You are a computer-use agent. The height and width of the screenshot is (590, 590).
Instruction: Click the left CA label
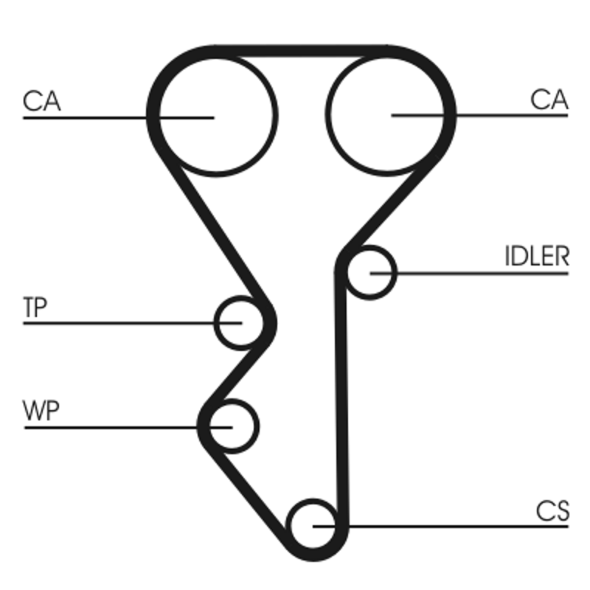pos(41,100)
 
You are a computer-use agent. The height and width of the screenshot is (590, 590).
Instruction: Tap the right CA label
pos(549,100)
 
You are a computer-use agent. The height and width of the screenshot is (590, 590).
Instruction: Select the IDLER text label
pos(537,257)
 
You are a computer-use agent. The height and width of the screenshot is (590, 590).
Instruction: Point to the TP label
pos(35,308)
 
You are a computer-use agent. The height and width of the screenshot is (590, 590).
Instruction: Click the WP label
pos(41,412)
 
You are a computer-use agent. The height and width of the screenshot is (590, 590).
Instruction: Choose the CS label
pos(552,511)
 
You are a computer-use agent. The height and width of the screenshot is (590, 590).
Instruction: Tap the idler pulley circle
pos(370,273)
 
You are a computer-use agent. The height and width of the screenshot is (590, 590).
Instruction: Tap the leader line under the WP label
pos(111,427)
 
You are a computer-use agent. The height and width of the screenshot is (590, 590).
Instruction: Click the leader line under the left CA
pos(81,117)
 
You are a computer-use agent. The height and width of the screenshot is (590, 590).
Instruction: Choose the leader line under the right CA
pos(516,115)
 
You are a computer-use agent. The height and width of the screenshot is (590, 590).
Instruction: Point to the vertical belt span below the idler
pos(341,398)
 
